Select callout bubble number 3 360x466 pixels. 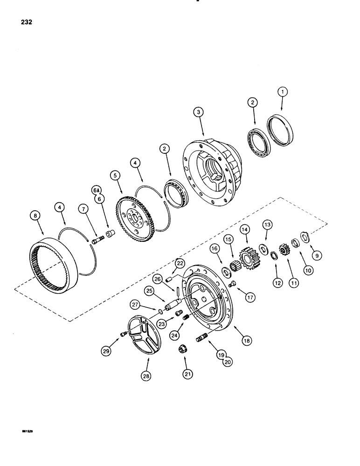click(x=198, y=113)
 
